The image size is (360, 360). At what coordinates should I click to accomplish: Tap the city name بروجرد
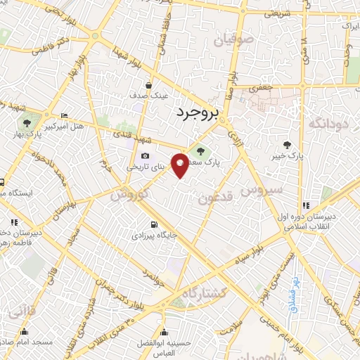[198, 112]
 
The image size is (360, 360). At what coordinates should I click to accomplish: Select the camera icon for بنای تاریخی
[145, 155]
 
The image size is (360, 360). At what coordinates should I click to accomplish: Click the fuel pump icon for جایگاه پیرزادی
[152, 225]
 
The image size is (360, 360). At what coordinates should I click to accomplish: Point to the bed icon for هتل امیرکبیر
[64, 115]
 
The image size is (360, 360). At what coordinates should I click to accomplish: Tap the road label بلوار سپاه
[252, 252]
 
